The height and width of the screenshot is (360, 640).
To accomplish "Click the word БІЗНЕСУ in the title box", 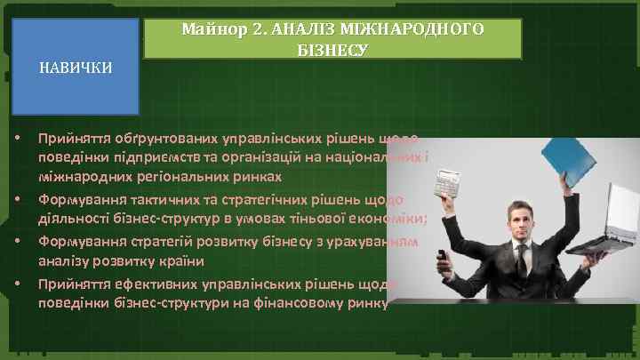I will tap(332, 49).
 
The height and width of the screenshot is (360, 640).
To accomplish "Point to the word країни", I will tap(181, 260).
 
